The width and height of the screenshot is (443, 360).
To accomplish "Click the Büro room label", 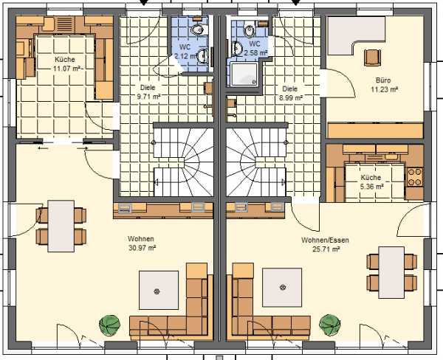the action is [383, 80].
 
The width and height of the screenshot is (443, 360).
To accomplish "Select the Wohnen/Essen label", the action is [325, 240].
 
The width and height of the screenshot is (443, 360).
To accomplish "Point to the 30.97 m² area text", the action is [142, 248].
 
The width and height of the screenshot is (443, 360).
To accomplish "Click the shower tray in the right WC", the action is [244, 75].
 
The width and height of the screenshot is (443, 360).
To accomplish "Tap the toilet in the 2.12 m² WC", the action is [197, 30].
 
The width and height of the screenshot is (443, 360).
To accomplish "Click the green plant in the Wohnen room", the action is [110, 325].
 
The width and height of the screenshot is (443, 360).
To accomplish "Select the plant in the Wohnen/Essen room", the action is [330, 325].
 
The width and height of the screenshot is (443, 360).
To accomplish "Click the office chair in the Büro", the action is [372, 58].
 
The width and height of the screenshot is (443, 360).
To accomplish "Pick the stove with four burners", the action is [415, 177].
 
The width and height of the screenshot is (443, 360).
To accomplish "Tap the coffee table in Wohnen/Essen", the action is [282, 288].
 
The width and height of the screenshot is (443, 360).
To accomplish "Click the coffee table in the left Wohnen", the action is [159, 290].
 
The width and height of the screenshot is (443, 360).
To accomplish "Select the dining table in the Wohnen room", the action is [61, 226].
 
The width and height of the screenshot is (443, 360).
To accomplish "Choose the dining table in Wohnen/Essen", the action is [391, 272].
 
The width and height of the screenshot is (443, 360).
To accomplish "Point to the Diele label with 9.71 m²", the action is [148, 88].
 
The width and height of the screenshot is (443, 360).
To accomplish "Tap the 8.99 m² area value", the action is [291, 98].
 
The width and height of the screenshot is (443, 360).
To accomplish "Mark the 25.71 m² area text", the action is [326, 249].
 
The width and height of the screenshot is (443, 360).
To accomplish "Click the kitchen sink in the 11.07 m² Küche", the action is [49, 24].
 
